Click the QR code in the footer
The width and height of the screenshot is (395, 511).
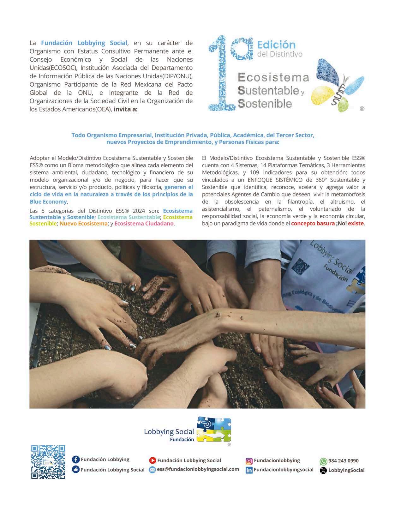[x=48, y=462]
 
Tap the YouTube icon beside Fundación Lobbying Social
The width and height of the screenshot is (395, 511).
[x=153, y=460]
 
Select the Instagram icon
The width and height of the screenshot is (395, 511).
[x=249, y=461]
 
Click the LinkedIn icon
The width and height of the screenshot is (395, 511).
[x=249, y=470]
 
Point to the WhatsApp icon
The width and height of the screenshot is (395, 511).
[x=323, y=461]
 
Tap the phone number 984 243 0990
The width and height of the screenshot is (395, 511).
[x=343, y=461]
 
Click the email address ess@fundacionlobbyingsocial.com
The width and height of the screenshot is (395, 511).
[x=198, y=469]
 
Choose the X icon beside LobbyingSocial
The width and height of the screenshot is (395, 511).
[x=323, y=470]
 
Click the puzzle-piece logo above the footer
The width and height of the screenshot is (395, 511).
[x=214, y=429]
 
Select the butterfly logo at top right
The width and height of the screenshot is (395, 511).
[x=337, y=85]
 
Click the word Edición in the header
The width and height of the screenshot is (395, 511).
[x=276, y=45]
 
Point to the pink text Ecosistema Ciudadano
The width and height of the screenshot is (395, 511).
[x=144, y=224]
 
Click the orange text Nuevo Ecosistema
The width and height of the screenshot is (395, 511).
[x=83, y=224]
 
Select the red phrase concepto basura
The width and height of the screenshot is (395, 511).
[x=313, y=224]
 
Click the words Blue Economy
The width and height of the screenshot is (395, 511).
[x=48, y=202]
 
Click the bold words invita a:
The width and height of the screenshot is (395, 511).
[x=125, y=109]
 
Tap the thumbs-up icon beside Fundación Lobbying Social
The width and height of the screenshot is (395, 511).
[x=76, y=470]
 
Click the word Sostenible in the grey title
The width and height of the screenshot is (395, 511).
[x=265, y=104]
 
